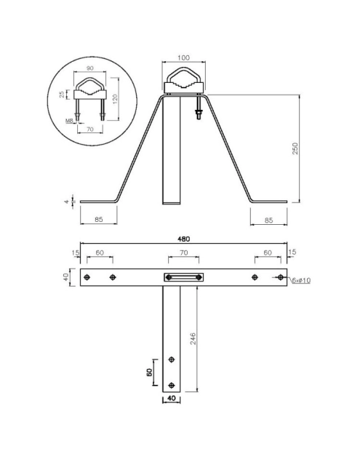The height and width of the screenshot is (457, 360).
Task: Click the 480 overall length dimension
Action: point(183,239)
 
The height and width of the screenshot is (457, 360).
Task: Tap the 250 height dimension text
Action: point(295,148)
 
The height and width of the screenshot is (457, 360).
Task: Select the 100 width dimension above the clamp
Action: point(183,57)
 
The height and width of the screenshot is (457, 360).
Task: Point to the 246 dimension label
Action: point(193,338)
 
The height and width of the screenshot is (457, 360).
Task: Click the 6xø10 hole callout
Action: point(301,280)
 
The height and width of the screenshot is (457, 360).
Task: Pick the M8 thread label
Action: point(69,120)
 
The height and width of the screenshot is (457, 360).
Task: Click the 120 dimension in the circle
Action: point(114,99)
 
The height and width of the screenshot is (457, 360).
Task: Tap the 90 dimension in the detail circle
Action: point(90,68)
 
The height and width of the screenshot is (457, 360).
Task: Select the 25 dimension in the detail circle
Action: point(62,94)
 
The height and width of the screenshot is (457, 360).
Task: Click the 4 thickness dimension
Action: point(67,202)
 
